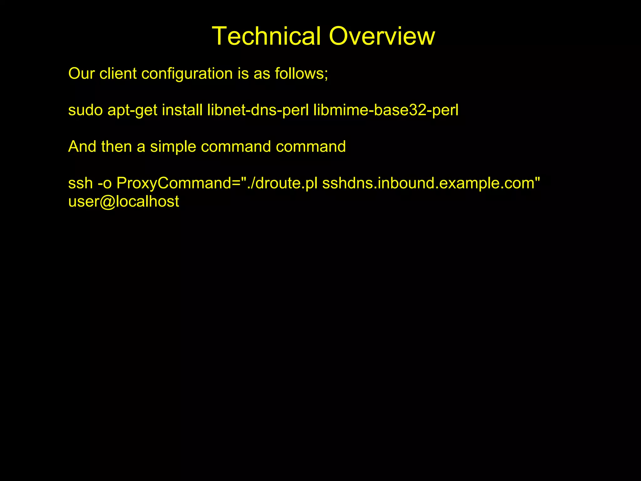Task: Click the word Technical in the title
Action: coord(266,36)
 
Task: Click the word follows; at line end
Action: coord(301,74)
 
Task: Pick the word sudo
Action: coord(85,110)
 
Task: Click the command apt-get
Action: coord(132,111)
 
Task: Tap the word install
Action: coord(182,110)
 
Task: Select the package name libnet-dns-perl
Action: coord(258,111)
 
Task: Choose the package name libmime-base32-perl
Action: coord(386,111)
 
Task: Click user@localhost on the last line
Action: coord(124,201)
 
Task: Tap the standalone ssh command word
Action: coord(80,183)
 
